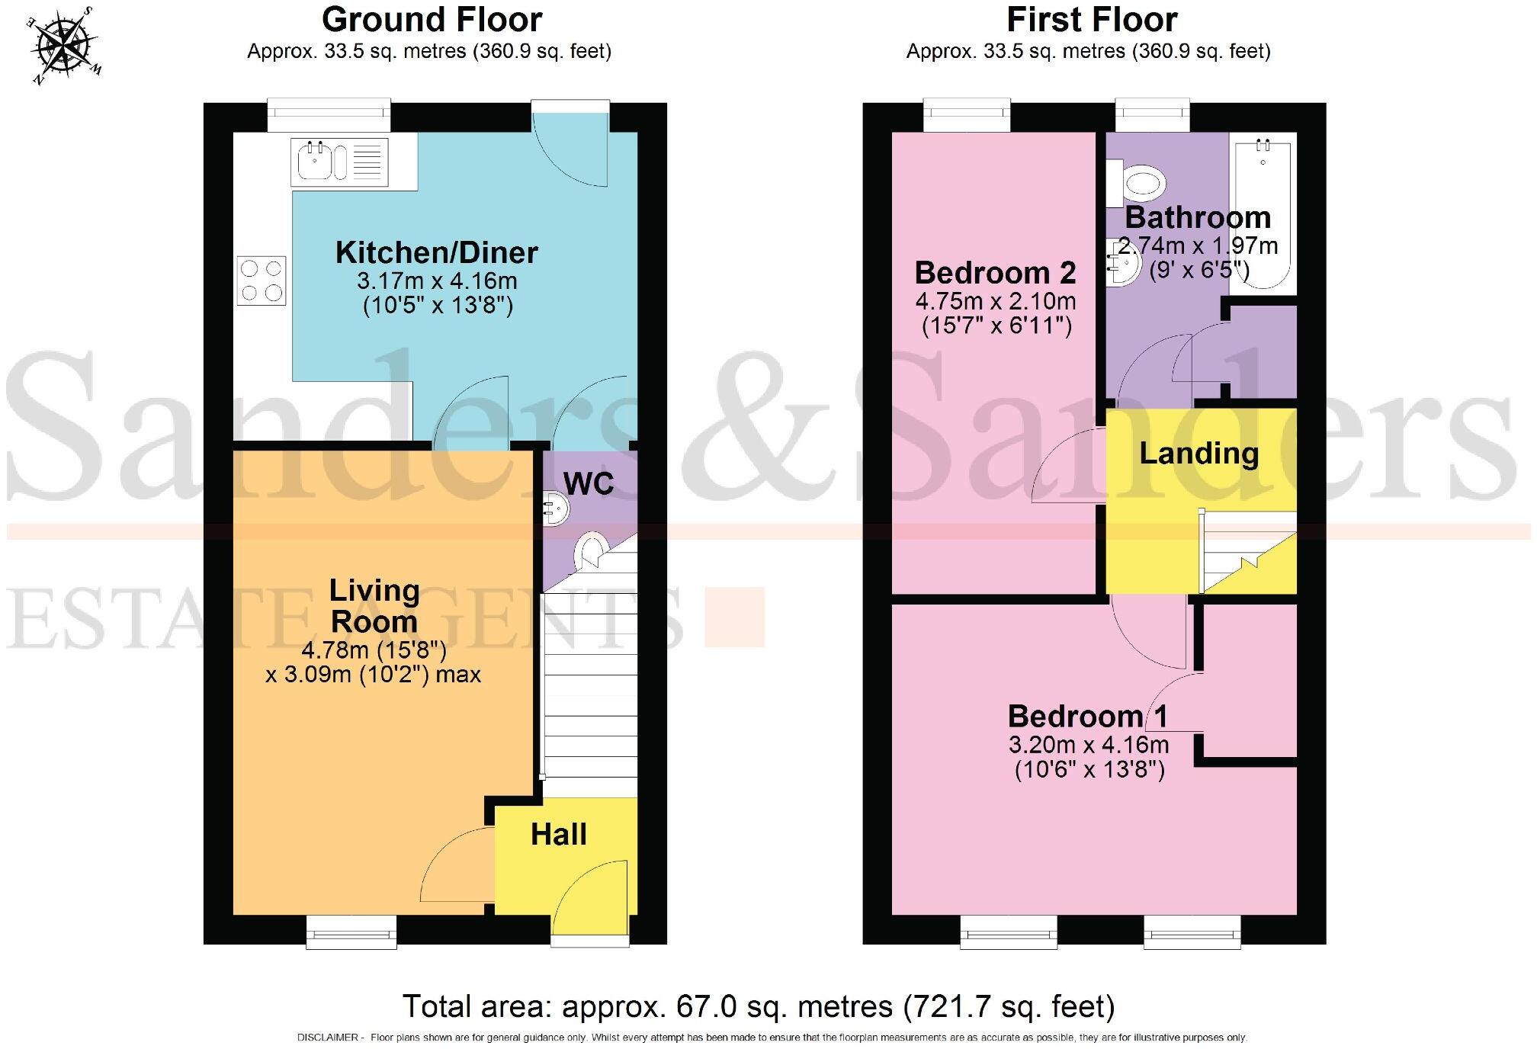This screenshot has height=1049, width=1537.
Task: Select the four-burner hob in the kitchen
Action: (x=262, y=281)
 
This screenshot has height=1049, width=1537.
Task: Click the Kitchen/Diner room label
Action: (x=437, y=252)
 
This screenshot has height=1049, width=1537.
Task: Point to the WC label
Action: (x=589, y=483)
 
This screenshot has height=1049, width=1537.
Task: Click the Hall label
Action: (x=559, y=834)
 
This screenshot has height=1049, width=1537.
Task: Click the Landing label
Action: (x=1198, y=453)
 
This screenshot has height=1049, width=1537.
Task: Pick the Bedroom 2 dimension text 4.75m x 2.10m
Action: (x=996, y=300)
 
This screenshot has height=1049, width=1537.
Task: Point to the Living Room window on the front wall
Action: (x=351, y=932)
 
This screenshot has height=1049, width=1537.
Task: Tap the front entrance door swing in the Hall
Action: (x=591, y=898)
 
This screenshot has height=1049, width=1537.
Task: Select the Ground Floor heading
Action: (x=432, y=19)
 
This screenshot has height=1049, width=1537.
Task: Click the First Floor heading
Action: (x=1092, y=19)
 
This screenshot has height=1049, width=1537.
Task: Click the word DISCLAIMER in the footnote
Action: (x=327, y=1038)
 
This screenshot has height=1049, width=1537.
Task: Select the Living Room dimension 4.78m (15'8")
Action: (x=374, y=650)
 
